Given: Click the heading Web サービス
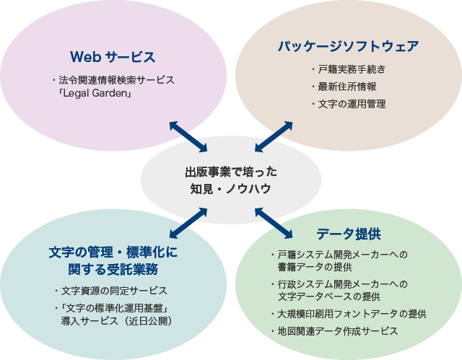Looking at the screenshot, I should (x=113, y=56).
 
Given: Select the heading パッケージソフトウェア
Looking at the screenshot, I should (x=348, y=47).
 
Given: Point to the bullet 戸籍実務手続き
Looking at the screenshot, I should (x=352, y=70).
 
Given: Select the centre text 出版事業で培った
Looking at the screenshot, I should (x=230, y=172).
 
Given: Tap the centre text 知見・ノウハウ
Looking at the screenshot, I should (x=230, y=189).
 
